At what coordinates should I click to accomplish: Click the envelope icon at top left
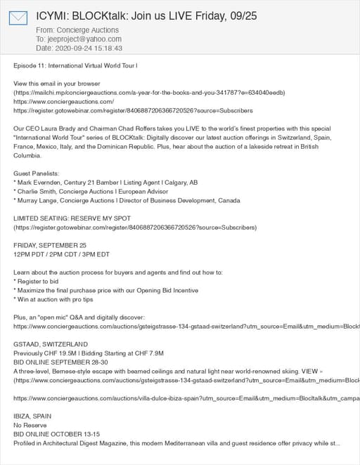(18, 18)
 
